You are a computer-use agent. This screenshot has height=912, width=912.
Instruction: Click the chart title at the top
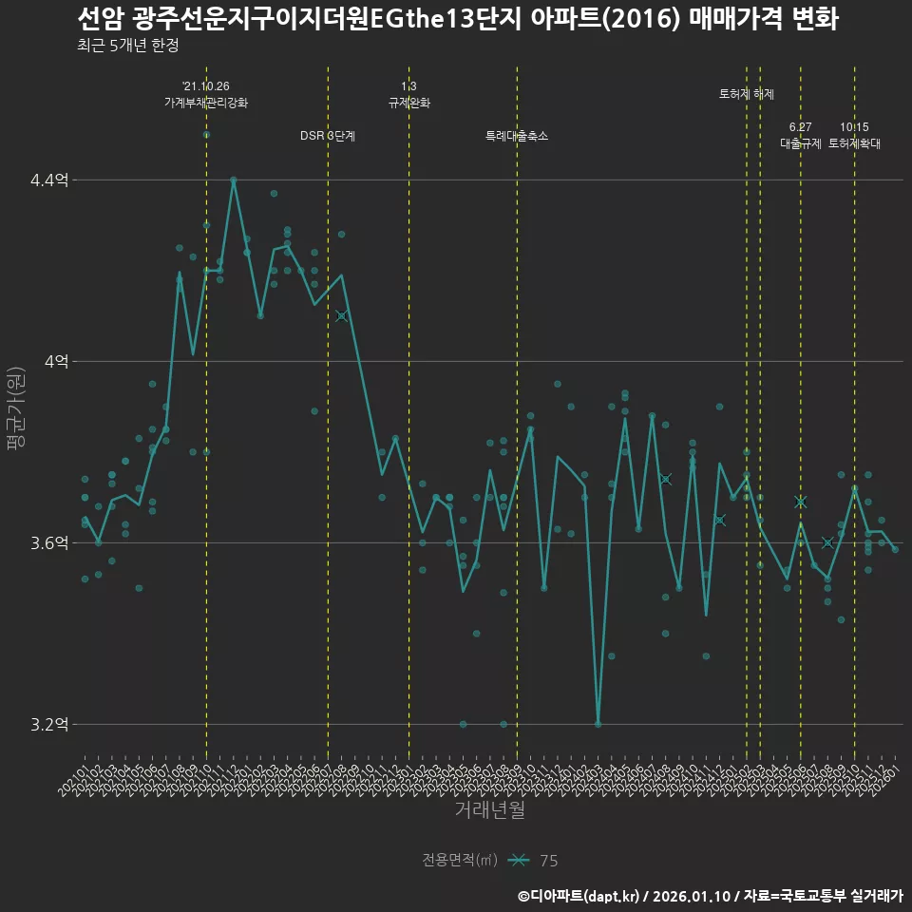pos(457,19)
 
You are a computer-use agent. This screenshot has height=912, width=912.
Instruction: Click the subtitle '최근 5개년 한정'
pos(127,45)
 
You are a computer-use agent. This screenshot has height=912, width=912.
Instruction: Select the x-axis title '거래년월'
pos(489,810)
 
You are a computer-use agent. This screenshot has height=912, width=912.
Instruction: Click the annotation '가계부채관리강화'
pos(206,103)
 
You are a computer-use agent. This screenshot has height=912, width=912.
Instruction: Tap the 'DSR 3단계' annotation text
pos(328,136)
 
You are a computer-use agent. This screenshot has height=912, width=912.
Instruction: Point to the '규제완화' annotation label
pos(409,103)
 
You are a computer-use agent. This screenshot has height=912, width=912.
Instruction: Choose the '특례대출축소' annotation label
pos(517,136)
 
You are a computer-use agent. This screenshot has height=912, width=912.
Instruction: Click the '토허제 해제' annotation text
pos(747,94)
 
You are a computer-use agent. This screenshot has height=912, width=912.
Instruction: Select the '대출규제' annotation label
pos(800,143)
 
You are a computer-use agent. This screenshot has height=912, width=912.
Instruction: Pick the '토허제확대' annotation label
pos(854,143)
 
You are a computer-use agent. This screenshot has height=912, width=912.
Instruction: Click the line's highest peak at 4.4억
pos(234,179)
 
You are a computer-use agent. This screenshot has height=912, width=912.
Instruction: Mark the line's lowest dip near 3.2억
pos(598,724)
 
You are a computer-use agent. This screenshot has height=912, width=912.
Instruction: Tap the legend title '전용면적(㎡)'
pos(460,861)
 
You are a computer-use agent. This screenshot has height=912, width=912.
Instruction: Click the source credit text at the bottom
pos(710,896)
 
